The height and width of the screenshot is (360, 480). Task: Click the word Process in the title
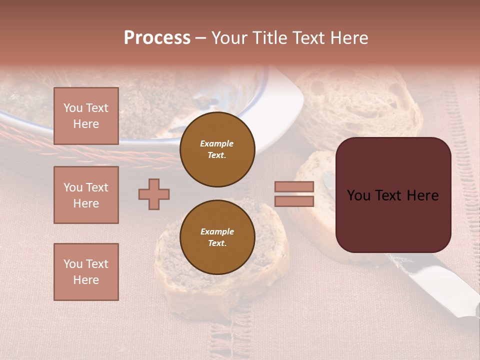(157, 38)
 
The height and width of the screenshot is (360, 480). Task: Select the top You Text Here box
(86, 116)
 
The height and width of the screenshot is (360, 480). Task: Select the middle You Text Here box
(86, 195)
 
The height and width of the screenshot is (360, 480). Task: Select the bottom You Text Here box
(86, 272)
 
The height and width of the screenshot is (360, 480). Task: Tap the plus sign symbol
(154, 194)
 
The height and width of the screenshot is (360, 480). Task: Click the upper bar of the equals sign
(294, 186)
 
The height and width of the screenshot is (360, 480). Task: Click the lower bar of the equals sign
(294, 201)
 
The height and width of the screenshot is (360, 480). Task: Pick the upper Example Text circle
(217, 149)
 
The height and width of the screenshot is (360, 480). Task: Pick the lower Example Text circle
(217, 237)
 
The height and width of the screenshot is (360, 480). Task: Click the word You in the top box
(72, 108)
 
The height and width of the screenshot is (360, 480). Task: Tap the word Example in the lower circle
(217, 231)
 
